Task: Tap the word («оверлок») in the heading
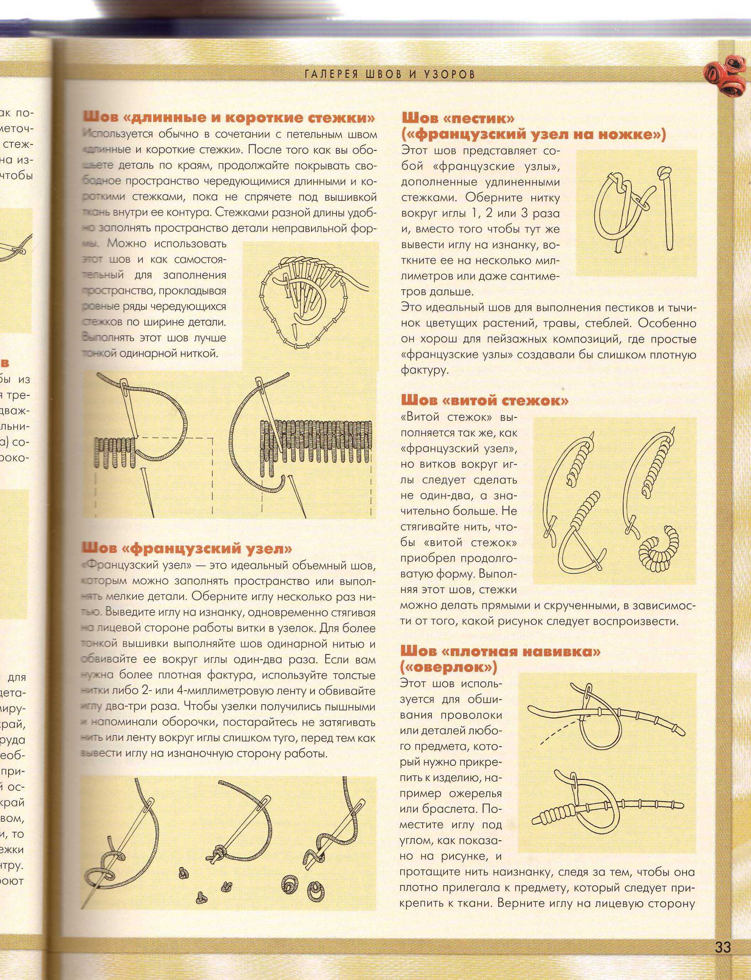click(x=449, y=668)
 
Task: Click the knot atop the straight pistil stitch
click(x=664, y=172)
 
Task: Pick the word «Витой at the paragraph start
click(x=419, y=417)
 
